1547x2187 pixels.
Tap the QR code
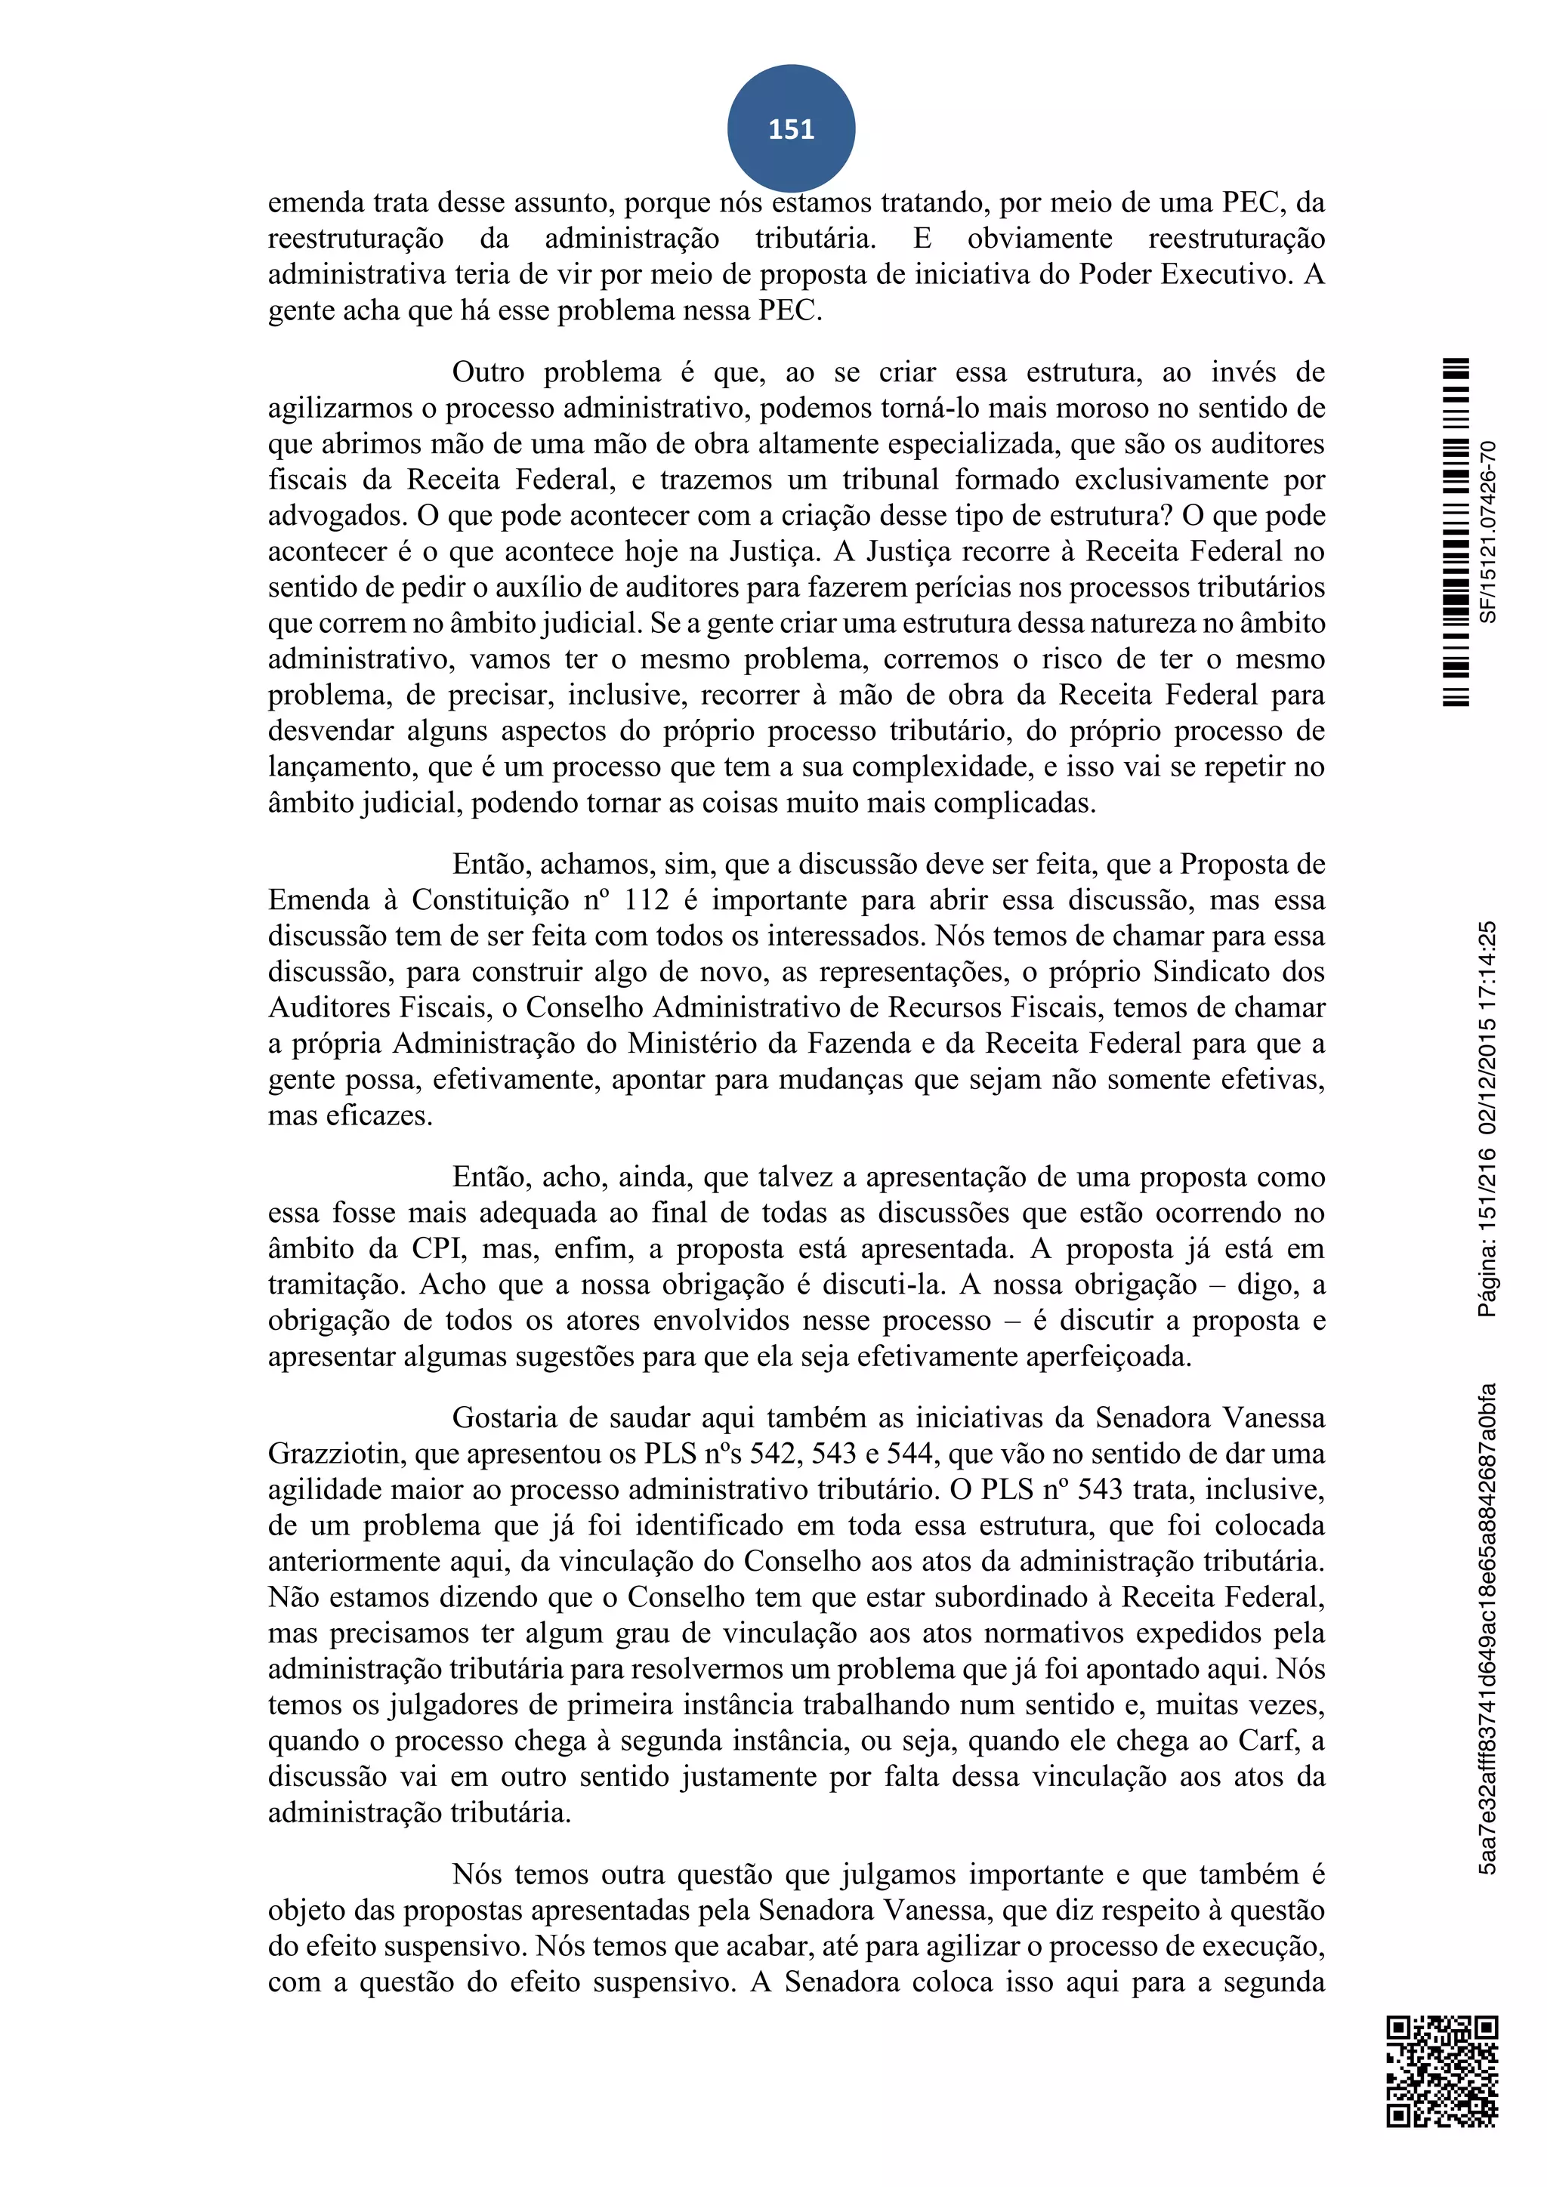[x=1441, y=2071]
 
